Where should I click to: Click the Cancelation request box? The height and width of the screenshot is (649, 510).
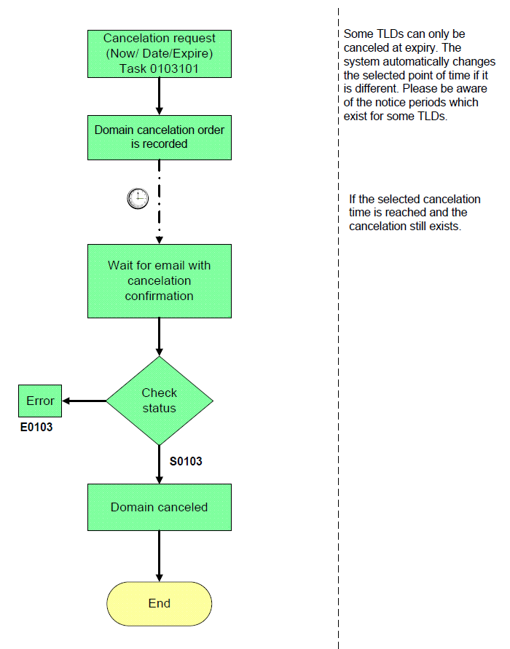(x=160, y=54)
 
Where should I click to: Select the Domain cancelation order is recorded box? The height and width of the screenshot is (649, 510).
(x=160, y=138)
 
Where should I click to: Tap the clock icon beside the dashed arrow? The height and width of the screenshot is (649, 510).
(x=138, y=198)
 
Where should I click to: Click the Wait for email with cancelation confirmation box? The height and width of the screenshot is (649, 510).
(x=160, y=281)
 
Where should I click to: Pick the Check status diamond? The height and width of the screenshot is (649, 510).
(x=160, y=401)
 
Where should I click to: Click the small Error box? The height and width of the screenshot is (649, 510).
(x=40, y=401)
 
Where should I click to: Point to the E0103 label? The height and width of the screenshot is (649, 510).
(x=36, y=427)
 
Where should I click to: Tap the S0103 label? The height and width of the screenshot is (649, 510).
(x=186, y=462)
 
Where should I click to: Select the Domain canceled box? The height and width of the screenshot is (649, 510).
(x=160, y=508)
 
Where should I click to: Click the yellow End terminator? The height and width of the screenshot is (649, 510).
(x=160, y=603)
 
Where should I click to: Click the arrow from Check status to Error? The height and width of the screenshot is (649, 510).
(x=84, y=401)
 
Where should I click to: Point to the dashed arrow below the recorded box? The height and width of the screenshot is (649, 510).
(x=160, y=202)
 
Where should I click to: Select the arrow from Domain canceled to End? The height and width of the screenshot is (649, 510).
(x=160, y=556)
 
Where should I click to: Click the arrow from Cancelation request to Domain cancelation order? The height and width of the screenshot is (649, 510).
(x=160, y=96)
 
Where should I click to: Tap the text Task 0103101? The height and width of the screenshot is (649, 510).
(x=160, y=68)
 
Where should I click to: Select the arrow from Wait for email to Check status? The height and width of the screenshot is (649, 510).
(x=160, y=337)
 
